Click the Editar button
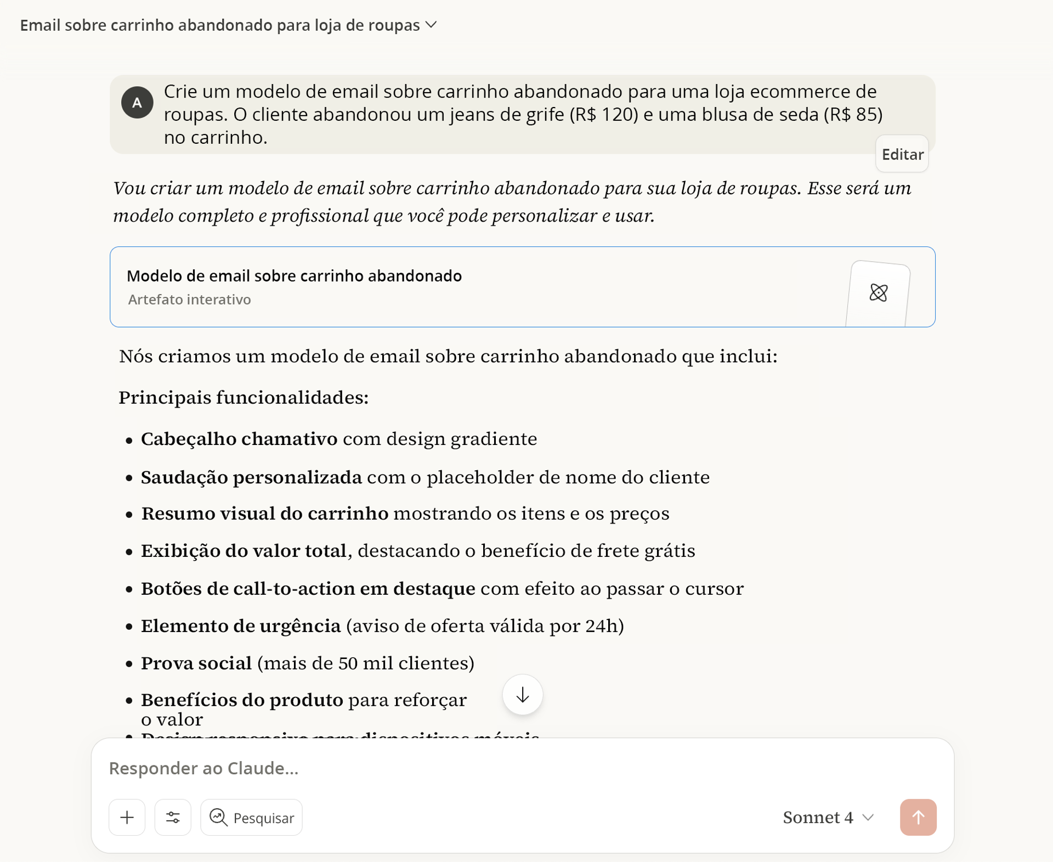[902, 155]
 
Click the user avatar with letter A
[137, 103]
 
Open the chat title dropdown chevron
[432, 25]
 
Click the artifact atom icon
[878, 293]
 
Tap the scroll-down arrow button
[522, 695]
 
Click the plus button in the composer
[127, 818]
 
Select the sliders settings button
[173, 818]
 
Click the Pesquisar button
[252, 818]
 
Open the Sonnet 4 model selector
[828, 818]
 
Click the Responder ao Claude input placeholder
[203, 768]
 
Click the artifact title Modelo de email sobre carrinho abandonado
[294, 276]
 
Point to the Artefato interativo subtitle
[189, 300]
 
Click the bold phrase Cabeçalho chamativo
[239, 440]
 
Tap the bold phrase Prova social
[196, 663]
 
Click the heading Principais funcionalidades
[244, 398]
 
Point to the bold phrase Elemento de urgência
[241, 626]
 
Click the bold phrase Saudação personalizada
[251, 477]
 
